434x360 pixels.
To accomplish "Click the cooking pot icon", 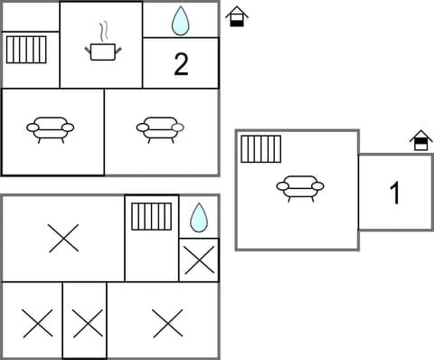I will (x=101, y=52).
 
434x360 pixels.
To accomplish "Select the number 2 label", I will (x=181, y=65).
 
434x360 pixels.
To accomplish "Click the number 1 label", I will (x=394, y=194).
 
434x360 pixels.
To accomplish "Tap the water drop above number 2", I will (x=181, y=20).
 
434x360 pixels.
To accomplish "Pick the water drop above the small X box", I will (x=198, y=217).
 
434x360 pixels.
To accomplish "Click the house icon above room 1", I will (x=420, y=141).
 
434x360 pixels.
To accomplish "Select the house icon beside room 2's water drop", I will (x=236, y=16).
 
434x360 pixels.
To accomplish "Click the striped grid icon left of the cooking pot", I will (x=25, y=50).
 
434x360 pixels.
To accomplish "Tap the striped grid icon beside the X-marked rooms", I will (x=151, y=217).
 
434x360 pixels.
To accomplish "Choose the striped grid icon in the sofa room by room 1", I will (x=261, y=149).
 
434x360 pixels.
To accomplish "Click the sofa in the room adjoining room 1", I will (x=300, y=187).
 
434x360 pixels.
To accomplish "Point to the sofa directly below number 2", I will (x=161, y=129).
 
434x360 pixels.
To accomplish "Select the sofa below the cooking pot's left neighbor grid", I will (x=51, y=129).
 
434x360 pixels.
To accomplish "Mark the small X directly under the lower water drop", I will (x=198, y=260).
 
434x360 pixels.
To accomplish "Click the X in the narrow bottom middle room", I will (x=85, y=322).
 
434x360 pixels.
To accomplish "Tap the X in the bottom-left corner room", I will (x=35, y=322).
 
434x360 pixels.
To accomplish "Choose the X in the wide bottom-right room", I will (x=167, y=322).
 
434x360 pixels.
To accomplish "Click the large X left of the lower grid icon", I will (x=63, y=239).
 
